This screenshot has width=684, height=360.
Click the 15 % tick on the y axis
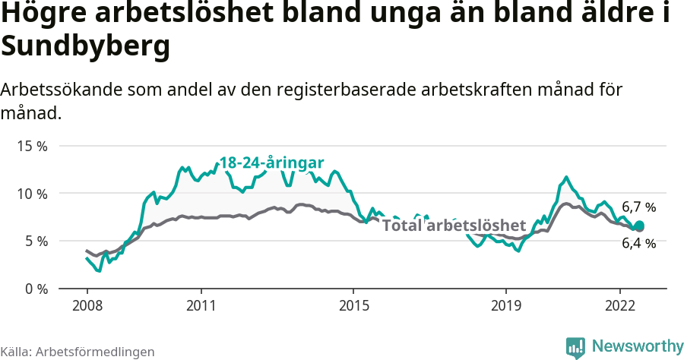31,146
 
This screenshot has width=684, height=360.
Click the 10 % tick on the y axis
31,194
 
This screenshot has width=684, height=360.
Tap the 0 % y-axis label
34,289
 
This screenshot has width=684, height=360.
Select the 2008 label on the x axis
87,305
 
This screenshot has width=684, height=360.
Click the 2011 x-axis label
201,305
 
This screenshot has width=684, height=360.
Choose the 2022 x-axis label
619,305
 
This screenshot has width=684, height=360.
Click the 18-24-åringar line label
272,163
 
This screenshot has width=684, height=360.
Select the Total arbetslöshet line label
454,226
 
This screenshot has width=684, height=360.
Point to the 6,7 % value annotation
638,207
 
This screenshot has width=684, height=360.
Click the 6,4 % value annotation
638,243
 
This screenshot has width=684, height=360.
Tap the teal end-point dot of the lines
639,226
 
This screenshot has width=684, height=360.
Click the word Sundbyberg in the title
84,47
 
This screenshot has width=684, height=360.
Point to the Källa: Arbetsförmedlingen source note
78,352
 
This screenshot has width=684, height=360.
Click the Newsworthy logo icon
575,347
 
